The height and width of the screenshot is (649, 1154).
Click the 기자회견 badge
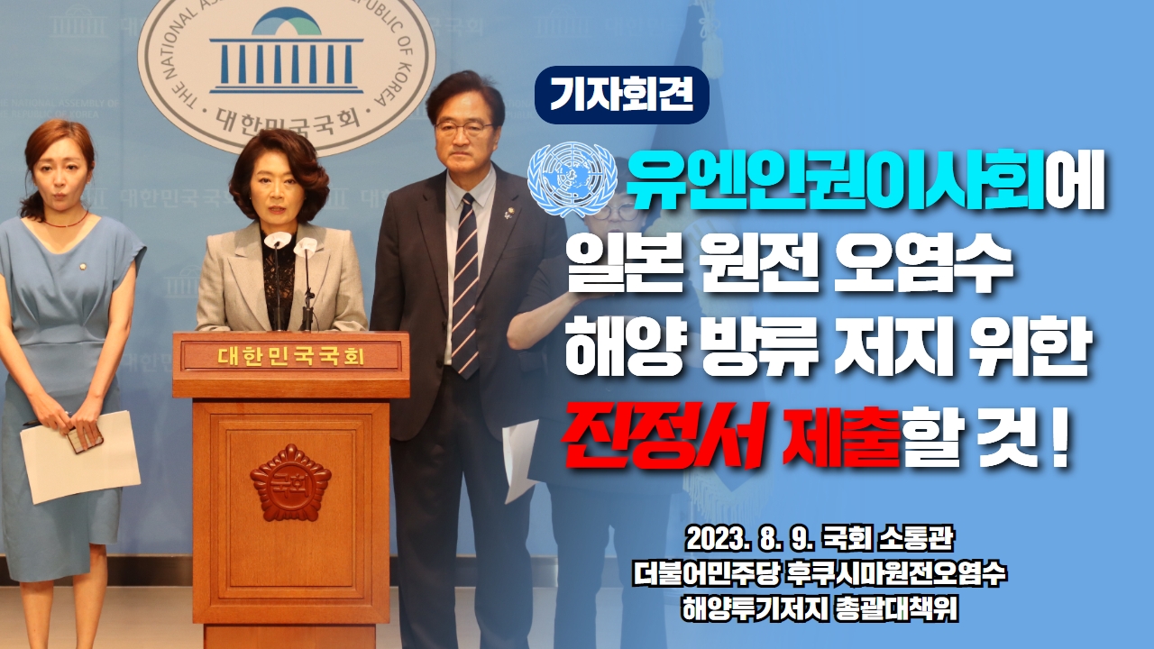tap(622, 96)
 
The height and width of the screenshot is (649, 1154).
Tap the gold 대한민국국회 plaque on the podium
tap(291, 356)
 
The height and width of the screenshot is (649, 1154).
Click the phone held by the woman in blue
tap(86, 439)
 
